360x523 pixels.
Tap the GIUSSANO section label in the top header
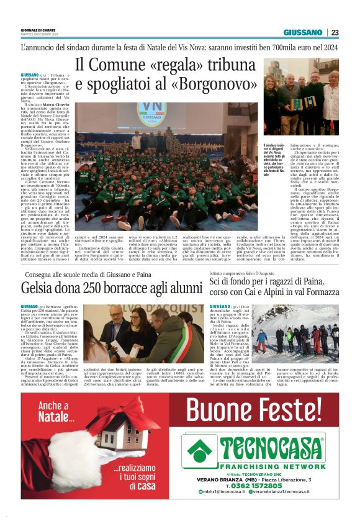coord(303,32)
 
